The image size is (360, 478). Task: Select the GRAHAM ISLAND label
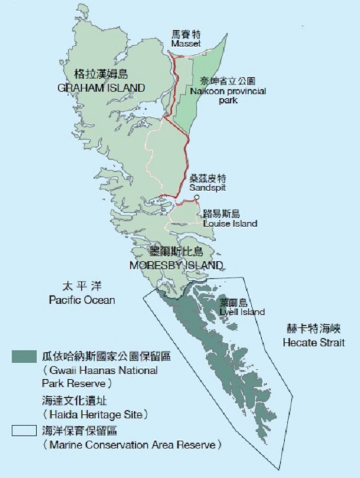coord(109,87)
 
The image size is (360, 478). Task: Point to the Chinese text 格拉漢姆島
coord(99,74)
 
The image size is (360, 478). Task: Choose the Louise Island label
coord(230,223)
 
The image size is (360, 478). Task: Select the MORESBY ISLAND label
coord(176,265)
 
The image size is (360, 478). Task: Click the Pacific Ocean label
coord(82,300)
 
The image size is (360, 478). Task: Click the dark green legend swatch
coord(24,358)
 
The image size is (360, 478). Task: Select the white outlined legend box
coord(24,431)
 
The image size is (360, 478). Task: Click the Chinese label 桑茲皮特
coord(207,178)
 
